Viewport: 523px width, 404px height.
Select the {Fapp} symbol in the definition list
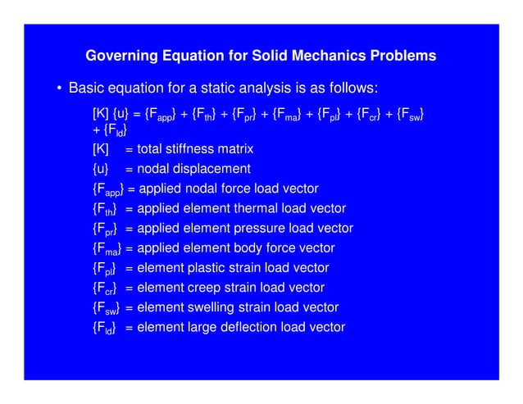108,189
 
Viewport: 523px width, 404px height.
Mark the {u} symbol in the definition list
101,169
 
